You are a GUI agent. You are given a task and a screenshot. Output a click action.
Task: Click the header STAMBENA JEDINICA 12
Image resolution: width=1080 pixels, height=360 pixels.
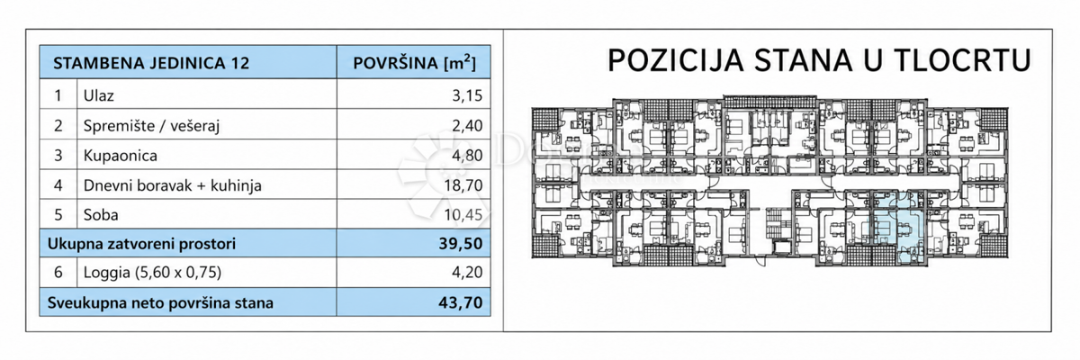pyautogui.click(x=151, y=63)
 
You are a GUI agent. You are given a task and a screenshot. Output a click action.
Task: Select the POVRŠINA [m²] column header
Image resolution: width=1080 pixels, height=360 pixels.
pyautogui.click(x=414, y=63)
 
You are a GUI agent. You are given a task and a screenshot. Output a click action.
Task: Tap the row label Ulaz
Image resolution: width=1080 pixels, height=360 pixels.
pyautogui.click(x=98, y=95)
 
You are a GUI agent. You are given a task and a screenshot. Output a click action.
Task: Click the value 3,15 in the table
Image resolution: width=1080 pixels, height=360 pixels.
pyautogui.click(x=467, y=95)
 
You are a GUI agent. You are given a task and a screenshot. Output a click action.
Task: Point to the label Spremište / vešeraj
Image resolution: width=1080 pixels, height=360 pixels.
pyautogui.click(x=151, y=126)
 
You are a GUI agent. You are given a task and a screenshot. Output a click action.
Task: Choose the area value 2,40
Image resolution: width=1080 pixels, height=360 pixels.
pyautogui.click(x=467, y=126)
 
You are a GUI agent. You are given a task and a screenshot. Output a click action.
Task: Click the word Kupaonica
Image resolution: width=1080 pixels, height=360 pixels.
pyautogui.click(x=120, y=156)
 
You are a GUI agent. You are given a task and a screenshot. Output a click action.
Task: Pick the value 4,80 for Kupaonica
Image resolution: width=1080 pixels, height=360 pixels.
pyautogui.click(x=467, y=156)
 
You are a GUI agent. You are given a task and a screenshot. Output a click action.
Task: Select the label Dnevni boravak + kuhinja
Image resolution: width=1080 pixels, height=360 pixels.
pyautogui.click(x=172, y=185)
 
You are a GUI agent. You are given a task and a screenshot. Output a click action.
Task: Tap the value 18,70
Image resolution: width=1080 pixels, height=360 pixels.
pyautogui.click(x=463, y=185)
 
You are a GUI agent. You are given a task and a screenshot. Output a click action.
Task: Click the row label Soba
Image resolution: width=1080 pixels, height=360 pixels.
pyautogui.click(x=101, y=214)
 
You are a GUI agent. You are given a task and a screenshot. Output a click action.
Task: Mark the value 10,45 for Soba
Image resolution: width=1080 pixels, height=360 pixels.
pyautogui.click(x=463, y=214)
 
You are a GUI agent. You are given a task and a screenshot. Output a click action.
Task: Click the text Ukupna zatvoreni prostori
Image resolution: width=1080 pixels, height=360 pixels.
pyautogui.click(x=142, y=244)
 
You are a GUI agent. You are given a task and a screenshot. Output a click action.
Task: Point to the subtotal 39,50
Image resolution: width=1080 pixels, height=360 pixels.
pyautogui.click(x=461, y=244)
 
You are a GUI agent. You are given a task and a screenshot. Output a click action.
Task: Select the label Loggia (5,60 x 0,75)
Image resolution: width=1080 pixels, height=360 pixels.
pyautogui.click(x=152, y=273)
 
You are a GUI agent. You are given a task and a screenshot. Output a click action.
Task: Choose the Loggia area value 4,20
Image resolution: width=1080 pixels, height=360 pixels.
pyautogui.click(x=467, y=273)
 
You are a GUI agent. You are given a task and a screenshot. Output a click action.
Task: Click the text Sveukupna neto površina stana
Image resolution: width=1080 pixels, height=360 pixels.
pyautogui.click(x=160, y=303)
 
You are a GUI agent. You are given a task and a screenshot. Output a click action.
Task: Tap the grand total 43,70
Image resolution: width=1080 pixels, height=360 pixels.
pyautogui.click(x=461, y=302)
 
